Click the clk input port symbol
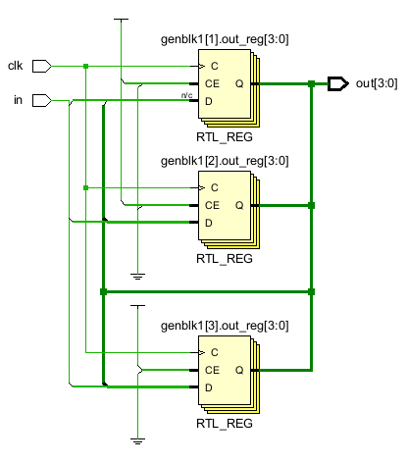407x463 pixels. (x=40, y=66)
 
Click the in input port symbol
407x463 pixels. (x=40, y=100)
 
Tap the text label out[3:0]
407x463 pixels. (x=377, y=83)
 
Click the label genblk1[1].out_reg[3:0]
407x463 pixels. (x=225, y=39)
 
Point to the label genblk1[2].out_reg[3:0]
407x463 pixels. (x=225, y=160)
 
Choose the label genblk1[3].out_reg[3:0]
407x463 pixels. (x=225, y=324)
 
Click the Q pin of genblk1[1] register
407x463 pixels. (x=238, y=84)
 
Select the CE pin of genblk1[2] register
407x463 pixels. (x=212, y=205)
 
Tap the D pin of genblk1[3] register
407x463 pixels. (x=209, y=387)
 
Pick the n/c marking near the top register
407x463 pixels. (x=186, y=95)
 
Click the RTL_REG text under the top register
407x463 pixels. (x=225, y=138)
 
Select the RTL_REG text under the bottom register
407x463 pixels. (x=225, y=424)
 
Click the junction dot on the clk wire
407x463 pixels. (x=86, y=66)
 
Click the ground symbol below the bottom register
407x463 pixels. (x=137, y=440)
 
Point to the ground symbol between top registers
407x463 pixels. (x=137, y=277)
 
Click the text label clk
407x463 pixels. (x=15, y=66)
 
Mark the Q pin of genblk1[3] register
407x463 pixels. (x=238, y=370)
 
